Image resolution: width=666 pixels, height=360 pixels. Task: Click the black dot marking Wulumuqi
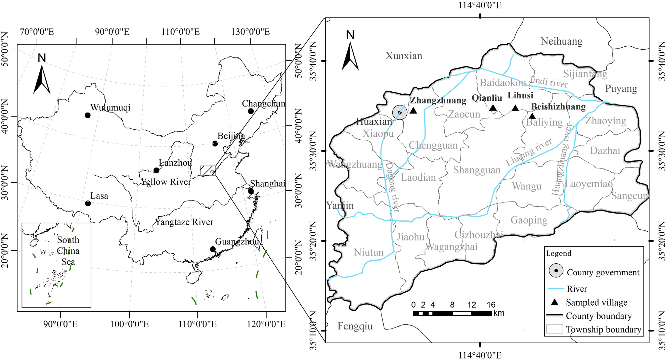[88, 116]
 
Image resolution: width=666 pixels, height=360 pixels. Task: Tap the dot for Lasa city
[88, 204]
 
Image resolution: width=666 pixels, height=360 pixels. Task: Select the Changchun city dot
[251, 111]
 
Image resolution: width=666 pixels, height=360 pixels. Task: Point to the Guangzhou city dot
[213, 249]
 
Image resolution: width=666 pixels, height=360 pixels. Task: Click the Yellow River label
[166, 182]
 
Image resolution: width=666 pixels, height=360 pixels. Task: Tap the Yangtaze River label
[184, 222]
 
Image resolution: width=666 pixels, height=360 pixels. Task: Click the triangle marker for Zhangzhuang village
[413, 110]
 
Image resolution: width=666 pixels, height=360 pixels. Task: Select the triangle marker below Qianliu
[493, 108]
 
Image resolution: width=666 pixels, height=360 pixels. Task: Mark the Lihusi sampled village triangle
[515, 108]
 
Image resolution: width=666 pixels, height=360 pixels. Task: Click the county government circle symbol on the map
[400, 112]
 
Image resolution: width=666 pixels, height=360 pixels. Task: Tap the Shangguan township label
[477, 170]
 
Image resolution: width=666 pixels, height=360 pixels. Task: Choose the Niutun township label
[368, 252]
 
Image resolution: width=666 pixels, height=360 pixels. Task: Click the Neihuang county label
[562, 41]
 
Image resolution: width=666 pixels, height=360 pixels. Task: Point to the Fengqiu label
[355, 326]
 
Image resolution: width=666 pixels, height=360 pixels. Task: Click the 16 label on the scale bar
[491, 305]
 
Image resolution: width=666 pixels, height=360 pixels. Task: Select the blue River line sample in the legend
[556, 289]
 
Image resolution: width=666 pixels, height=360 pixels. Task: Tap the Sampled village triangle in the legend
[555, 303]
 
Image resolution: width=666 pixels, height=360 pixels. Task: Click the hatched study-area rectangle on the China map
[208, 171]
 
